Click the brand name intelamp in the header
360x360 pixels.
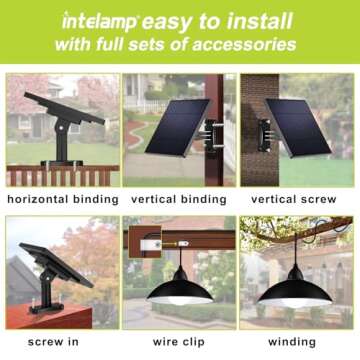(x=99, y=21)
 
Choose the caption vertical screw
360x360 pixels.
(x=297, y=199)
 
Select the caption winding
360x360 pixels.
(x=297, y=342)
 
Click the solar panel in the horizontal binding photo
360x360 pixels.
(x=66, y=107)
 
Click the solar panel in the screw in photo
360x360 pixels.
(x=50, y=262)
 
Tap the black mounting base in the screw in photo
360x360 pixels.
(x=45, y=300)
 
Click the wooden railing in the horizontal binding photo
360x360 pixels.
(x=60, y=175)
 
